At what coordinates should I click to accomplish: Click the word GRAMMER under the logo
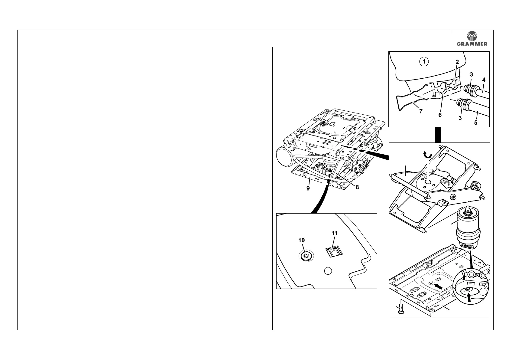(472, 44)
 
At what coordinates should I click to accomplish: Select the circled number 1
(424, 62)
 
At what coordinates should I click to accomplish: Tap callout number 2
(457, 62)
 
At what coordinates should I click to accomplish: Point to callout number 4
(484, 80)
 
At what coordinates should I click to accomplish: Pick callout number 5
(475, 123)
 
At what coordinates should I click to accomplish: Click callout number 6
(440, 115)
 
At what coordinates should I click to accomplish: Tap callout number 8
(357, 187)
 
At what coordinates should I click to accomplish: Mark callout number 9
(308, 188)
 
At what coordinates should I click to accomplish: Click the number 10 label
(301, 240)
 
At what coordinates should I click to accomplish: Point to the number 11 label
(334, 233)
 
